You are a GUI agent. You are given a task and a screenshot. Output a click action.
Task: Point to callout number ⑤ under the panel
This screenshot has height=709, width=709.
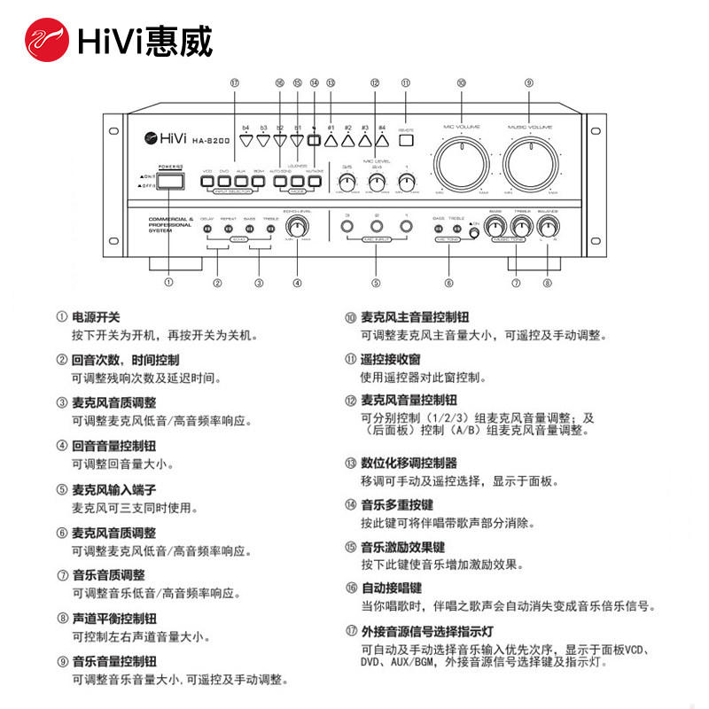point(377,284)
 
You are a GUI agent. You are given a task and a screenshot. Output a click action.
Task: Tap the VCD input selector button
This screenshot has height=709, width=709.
point(207,183)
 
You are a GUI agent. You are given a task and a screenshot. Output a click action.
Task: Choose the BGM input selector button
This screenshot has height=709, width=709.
point(259,183)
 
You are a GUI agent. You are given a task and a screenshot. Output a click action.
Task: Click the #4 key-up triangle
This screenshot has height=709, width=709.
point(382,139)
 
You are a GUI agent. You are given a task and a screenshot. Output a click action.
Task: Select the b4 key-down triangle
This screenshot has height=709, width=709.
point(246,139)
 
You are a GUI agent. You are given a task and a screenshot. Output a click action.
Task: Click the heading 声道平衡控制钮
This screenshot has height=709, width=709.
point(113,619)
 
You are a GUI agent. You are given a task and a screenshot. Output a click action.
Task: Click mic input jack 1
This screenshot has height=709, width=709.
point(406,228)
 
